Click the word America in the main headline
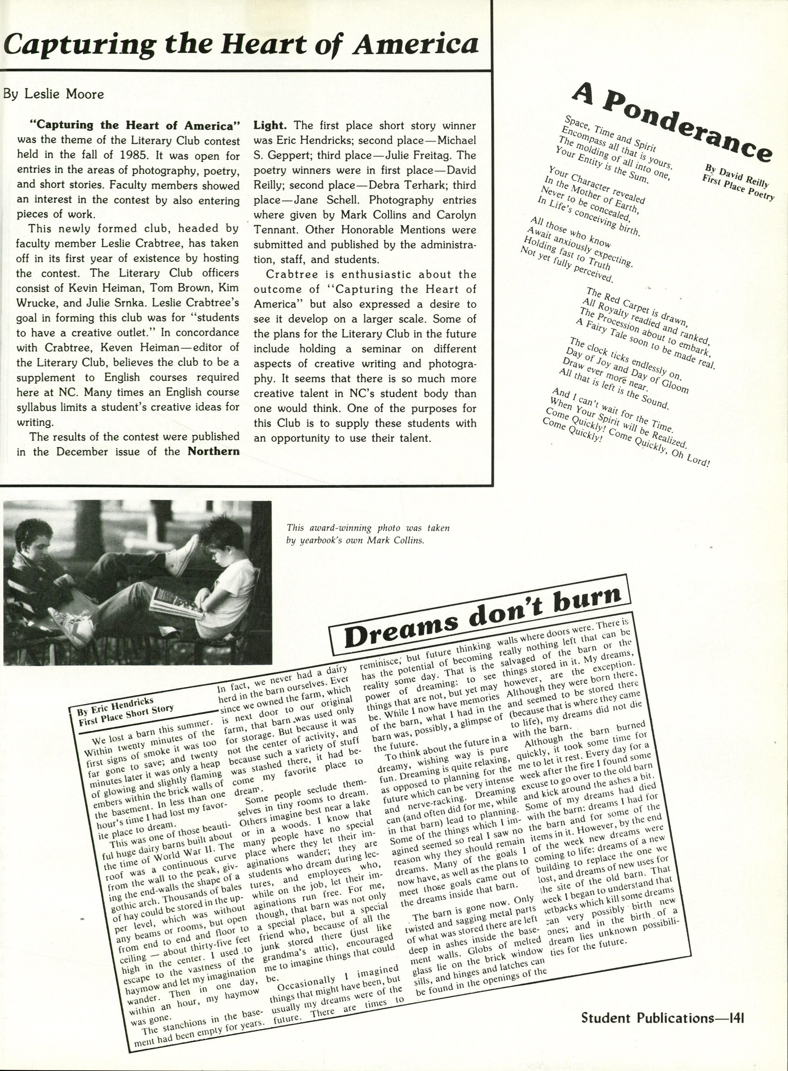pyautogui.click(x=415, y=44)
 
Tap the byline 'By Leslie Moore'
pyautogui.click(x=54, y=94)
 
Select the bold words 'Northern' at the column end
pyautogui.click(x=213, y=451)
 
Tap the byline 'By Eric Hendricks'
pyautogui.click(x=115, y=708)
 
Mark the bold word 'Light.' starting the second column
pyautogui.click(x=270, y=126)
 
